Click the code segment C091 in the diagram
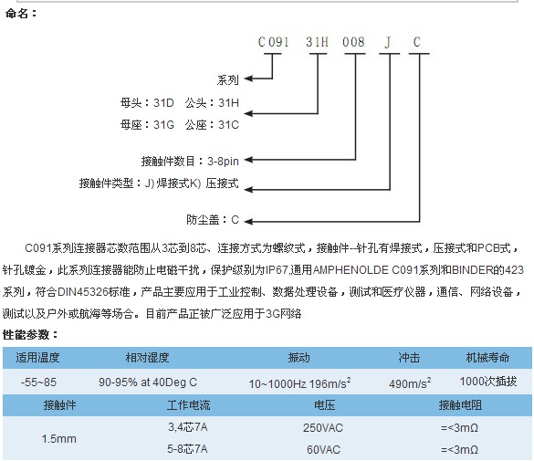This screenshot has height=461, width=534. tap(274, 42)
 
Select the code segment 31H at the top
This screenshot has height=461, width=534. tap(317, 42)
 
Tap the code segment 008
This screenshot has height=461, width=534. tap(353, 42)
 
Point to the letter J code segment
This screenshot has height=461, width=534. tap(388, 42)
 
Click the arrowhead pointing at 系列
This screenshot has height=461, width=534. tap(248, 79)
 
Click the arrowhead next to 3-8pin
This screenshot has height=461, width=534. tap(248, 160)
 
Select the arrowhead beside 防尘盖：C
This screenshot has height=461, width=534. tap(248, 222)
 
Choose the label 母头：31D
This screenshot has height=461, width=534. tap(147, 103)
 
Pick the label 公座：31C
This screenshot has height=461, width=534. tap(212, 125)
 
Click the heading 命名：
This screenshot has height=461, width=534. tap(20, 14)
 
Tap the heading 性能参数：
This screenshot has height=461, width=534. tap(30, 335)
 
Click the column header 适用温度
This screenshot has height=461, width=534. tap(37, 358)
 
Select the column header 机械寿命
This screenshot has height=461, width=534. tap(487, 358)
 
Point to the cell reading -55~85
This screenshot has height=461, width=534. tap(38, 382)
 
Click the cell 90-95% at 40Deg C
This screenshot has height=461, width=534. tap(148, 382)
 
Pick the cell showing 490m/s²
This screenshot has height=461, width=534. tap(410, 383)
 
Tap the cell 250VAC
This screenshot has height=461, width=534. tap(323, 428)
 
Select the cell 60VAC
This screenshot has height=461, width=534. tap(323, 450)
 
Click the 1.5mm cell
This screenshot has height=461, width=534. tap(59, 439)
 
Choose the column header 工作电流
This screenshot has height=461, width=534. tap(188, 405)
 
